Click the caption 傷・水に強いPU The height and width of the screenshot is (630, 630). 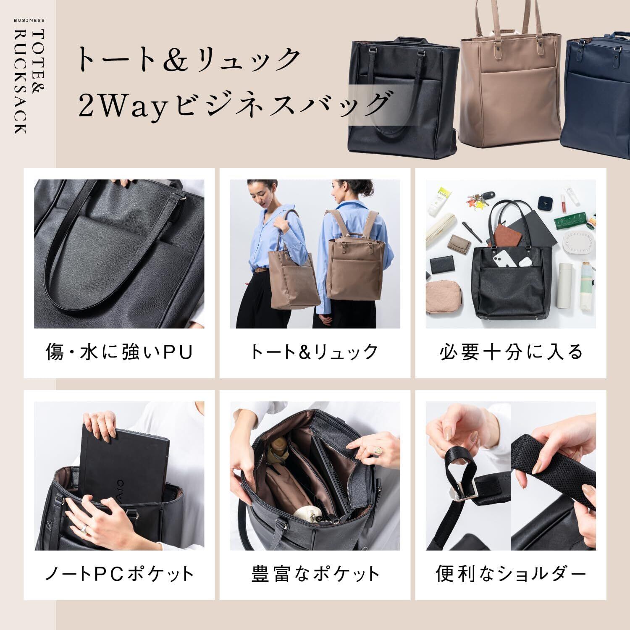click(x=119, y=352)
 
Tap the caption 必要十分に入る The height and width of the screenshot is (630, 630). click(x=511, y=352)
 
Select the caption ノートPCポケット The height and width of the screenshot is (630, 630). click(x=119, y=574)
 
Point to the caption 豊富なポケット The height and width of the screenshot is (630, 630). click(x=315, y=574)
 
